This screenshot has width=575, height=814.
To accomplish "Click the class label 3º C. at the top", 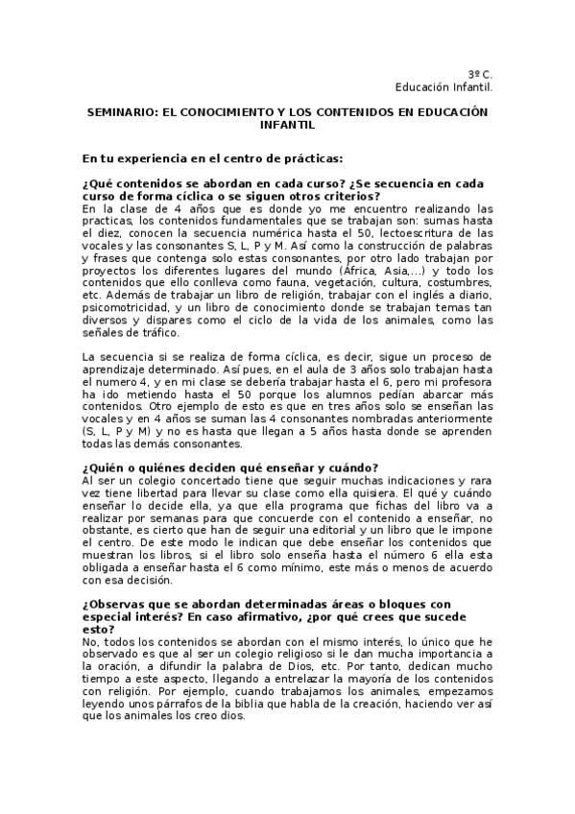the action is pyautogui.click(x=480, y=74).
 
